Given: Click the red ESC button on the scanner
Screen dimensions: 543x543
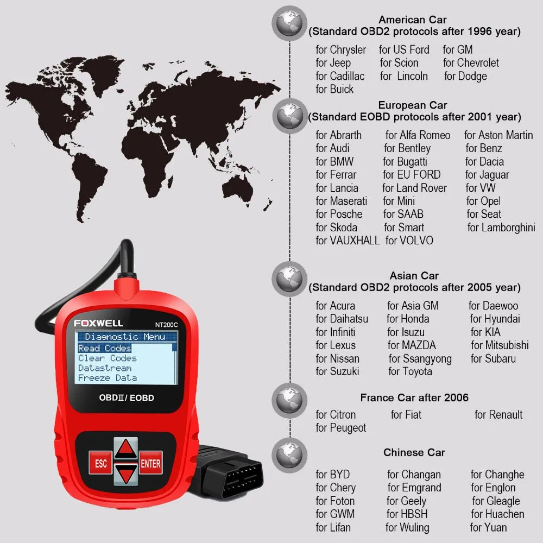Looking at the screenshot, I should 100,463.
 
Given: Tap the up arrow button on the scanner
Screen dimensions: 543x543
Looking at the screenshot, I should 126,447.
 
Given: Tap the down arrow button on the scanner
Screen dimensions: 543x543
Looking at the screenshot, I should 126,474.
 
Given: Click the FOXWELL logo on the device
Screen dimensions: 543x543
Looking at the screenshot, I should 98,323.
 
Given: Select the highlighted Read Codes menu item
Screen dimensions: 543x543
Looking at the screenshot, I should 105,348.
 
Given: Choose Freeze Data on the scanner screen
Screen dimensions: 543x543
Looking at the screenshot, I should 108,378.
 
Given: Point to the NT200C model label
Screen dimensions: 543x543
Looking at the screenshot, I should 162,324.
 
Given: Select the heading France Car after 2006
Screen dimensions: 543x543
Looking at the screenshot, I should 414,398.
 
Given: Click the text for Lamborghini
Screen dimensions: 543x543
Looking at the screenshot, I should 501,228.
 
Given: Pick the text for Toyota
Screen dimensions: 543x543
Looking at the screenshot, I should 410,372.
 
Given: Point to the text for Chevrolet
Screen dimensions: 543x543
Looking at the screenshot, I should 471,63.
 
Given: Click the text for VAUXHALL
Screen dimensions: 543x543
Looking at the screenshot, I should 348,241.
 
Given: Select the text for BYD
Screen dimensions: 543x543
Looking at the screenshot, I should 333,475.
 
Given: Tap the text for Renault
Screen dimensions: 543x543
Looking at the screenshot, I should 498,415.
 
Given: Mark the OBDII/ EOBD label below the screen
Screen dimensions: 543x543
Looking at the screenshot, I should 127,398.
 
